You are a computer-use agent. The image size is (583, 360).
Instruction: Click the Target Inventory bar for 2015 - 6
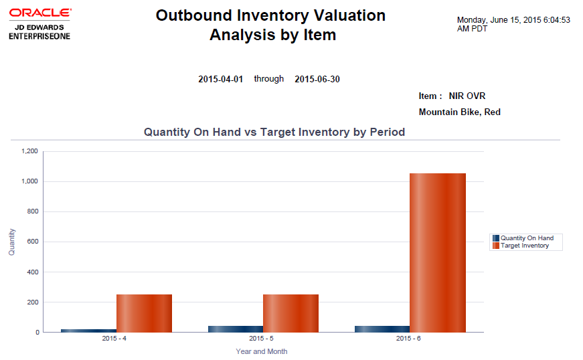pyautogui.click(x=437, y=252)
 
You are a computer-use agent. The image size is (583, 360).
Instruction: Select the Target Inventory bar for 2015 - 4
pyautogui.click(x=144, y=313)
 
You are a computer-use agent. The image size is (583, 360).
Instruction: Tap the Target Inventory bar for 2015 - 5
pyautogui.click(x=290, y=313)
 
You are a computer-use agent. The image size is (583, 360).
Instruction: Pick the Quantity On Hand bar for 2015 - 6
pyautogui.click(x=382, y=329)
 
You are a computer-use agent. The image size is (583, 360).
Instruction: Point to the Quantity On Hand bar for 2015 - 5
pyautogui.click(x=236, y=329)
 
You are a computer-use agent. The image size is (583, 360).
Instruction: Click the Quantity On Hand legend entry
pyautogui.click(x=527, y=238)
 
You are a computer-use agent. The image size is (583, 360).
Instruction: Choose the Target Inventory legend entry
pyautogui.click(x=524, y=246)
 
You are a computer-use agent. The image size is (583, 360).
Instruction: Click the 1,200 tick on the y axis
pyautogui.click(x=31, y=151)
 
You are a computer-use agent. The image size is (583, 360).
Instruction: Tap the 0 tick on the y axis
pyautogui.click(x=37, y=332)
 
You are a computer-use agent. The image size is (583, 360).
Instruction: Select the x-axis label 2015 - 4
pyautogui.click(x=115, y=339)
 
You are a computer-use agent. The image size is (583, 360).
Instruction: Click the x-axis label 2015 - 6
pyautogui.click(x=409, y=339)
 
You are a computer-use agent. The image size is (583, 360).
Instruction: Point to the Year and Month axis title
pyautogui.click(x=262, y=351)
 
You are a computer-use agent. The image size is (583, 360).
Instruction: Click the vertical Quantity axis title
pyautogui.click(x=11, y=242)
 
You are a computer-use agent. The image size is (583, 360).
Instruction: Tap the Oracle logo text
pyautogui.click(x=41, y=13)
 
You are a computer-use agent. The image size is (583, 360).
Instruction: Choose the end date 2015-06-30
pyautogui.click(x=317, y=79)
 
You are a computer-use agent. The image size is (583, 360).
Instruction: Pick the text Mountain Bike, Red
pyautogui.click(x=459, y=112)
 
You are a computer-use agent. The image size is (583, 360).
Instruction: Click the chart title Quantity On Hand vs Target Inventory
pyautogui.click(x=274, y=132)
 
